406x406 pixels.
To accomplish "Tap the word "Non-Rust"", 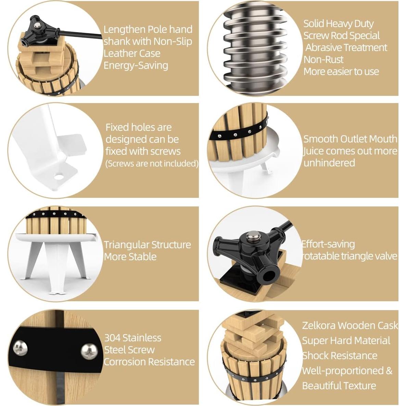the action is point(323,60).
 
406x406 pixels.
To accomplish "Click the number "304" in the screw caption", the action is point(112,338).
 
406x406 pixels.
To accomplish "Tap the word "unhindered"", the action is point(329,163).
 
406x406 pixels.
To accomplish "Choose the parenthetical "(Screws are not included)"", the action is point(152,164).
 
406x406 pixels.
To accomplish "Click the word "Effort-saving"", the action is point(328,244).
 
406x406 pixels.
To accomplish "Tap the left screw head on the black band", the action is point(20,348).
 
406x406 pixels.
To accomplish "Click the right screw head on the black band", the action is point(89,352).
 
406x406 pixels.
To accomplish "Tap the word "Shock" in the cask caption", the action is point(314,356).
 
